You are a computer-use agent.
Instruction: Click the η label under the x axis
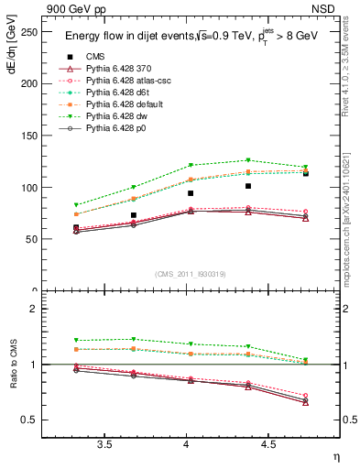334,455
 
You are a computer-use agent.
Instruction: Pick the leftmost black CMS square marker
76,227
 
